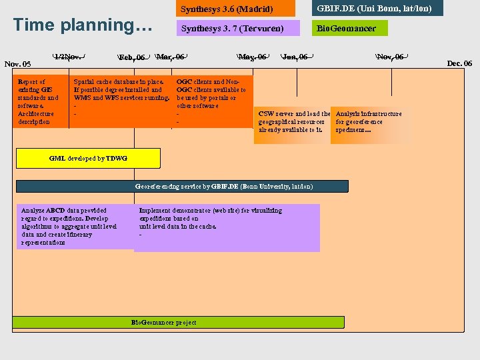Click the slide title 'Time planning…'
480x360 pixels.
(x=83, y=25)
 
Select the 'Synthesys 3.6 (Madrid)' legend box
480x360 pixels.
(x=235, y=9)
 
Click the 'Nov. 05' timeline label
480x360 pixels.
(x=18, y=64)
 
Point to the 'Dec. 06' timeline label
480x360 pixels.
(x=459, y=63)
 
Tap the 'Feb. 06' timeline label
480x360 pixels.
(x=132, y=57)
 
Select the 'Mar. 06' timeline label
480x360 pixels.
(x=170, y=57)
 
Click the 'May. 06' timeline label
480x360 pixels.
(x=253, y=57)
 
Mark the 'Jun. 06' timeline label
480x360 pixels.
(x=295, y=57)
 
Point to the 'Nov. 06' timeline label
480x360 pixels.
(x=390, y=57)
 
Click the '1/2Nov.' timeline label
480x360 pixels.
(x=69, y=57)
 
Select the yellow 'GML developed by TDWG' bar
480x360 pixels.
(x=88, y=158)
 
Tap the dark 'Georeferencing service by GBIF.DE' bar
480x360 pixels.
(x=182, y=187)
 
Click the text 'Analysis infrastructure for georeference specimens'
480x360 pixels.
(x=369, y=121)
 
